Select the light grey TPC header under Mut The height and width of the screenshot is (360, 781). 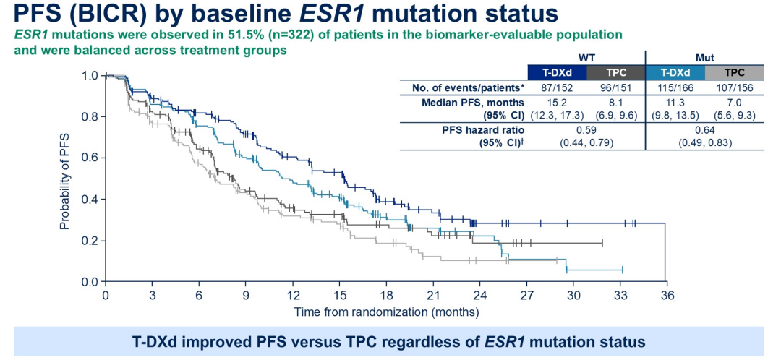pyautogui.click(x=735, y=72)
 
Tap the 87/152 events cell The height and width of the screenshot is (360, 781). pyautogui.click(x=557, y=88)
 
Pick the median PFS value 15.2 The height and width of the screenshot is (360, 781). pyautogui.click(x=557, y=102)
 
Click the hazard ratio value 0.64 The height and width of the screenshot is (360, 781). pyautogui.click(x=705, y=129)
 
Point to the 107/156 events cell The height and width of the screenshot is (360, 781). pyautogui.click(x=735, y=88)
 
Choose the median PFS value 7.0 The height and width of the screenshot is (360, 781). pyautogui.click(x=735, y=102)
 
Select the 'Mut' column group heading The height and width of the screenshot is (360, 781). pyautogui.click(x=705, y=56)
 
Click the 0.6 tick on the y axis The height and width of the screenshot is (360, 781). pyautogui.click(x=90, y=158)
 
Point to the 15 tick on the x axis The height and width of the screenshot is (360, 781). pyautogui.click(x=339, y=296)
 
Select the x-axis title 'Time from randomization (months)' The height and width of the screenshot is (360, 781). pyautogui.click(x=386, y=312)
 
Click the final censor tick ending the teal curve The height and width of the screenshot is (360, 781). pyautogui.click(x=622, y=270)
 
